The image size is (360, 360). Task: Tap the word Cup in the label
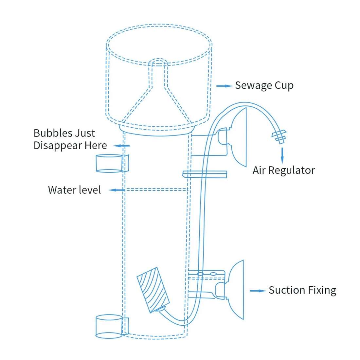[x=284, y=85]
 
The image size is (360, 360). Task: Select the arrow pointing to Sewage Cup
[x=224, y=86]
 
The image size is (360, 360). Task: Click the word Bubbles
[x=53, y=133]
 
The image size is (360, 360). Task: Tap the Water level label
[x=74, y=190]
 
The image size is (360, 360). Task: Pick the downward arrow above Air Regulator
[x=282, y=155]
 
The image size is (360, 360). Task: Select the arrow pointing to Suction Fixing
[x=258, y=291]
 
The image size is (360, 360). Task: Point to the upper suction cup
[x=239, y=137]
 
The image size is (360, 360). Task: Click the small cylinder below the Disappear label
[x=109, y=163]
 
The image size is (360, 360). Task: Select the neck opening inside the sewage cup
[x=158, y=63]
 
